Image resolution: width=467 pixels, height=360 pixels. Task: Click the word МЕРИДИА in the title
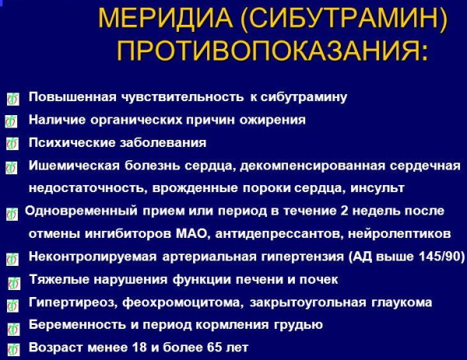pos(166,19)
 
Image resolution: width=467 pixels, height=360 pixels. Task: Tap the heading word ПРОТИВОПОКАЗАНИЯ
pos(272,50)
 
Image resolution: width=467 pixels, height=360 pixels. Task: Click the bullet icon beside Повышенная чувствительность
pos(12,99)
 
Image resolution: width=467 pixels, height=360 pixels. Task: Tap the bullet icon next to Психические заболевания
pos(12,144)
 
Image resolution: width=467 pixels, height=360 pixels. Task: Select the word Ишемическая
pos(74,166)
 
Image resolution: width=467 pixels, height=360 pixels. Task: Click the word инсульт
pos(377,188)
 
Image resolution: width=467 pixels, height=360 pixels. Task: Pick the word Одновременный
pos(81,211)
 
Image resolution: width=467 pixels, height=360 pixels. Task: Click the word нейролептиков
pos(399,234)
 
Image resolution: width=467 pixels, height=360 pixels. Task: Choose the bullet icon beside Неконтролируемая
pos(12,259)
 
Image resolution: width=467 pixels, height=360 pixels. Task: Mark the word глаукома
pos(402,302)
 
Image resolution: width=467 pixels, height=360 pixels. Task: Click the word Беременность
pos(77,324)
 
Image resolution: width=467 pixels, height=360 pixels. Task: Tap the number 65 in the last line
pos(215,348)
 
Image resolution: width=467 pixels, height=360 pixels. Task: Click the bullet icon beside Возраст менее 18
pos(13,350)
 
